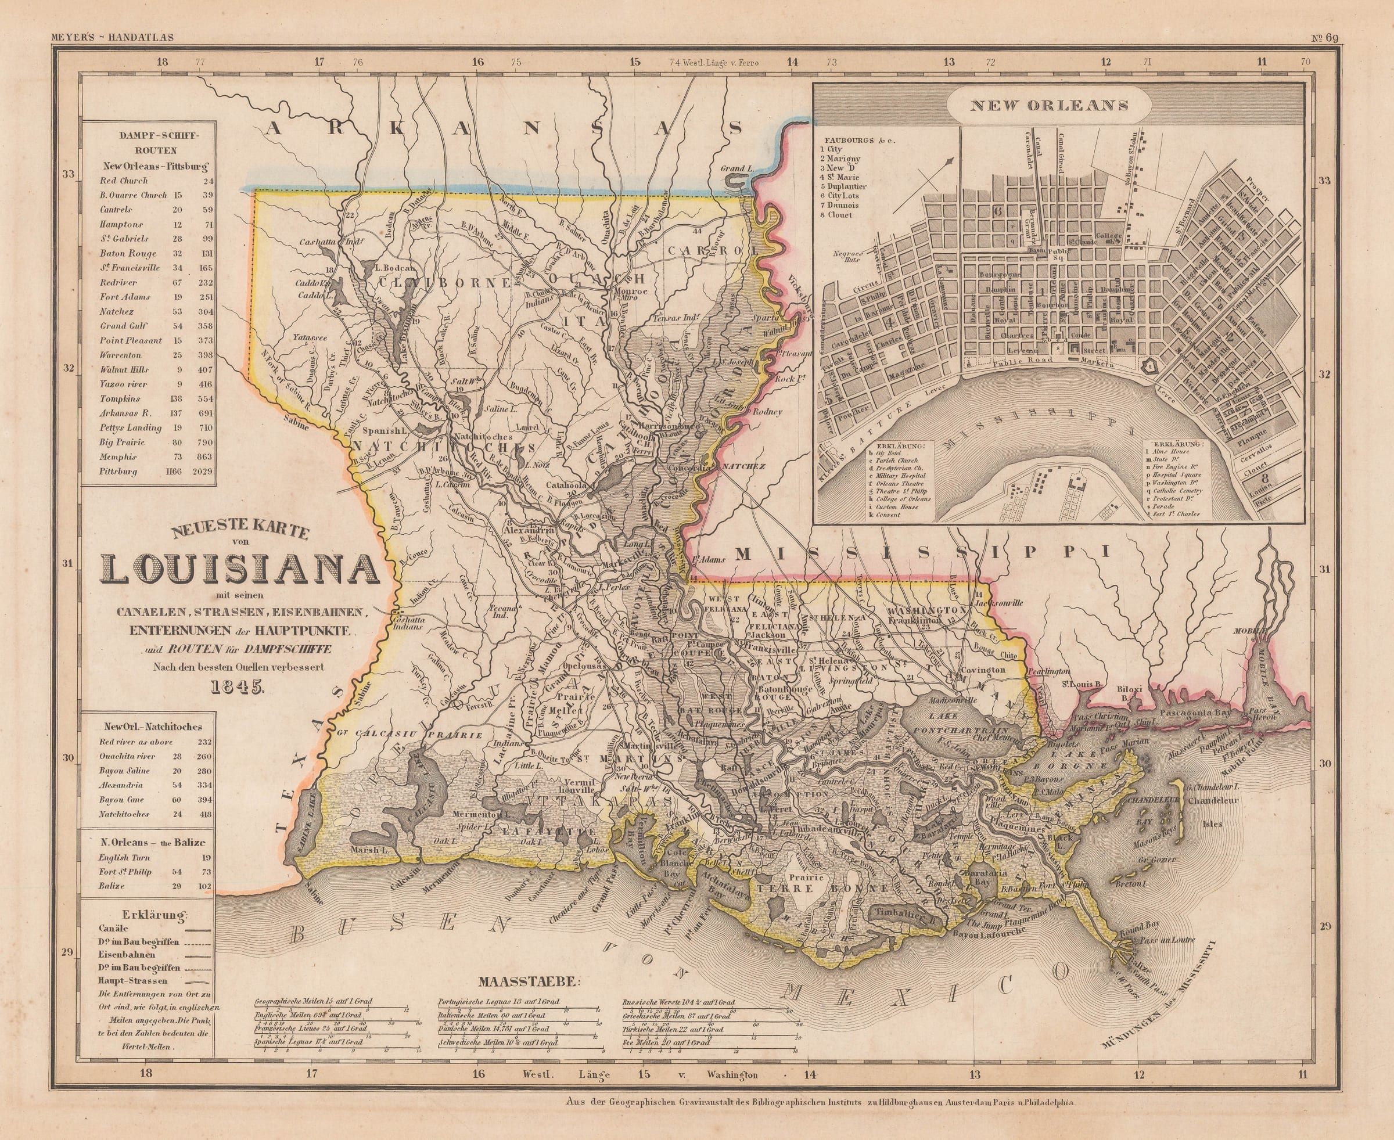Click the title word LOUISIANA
[240, 569]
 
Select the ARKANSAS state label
[504, 130]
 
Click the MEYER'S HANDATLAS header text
[112, 37]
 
